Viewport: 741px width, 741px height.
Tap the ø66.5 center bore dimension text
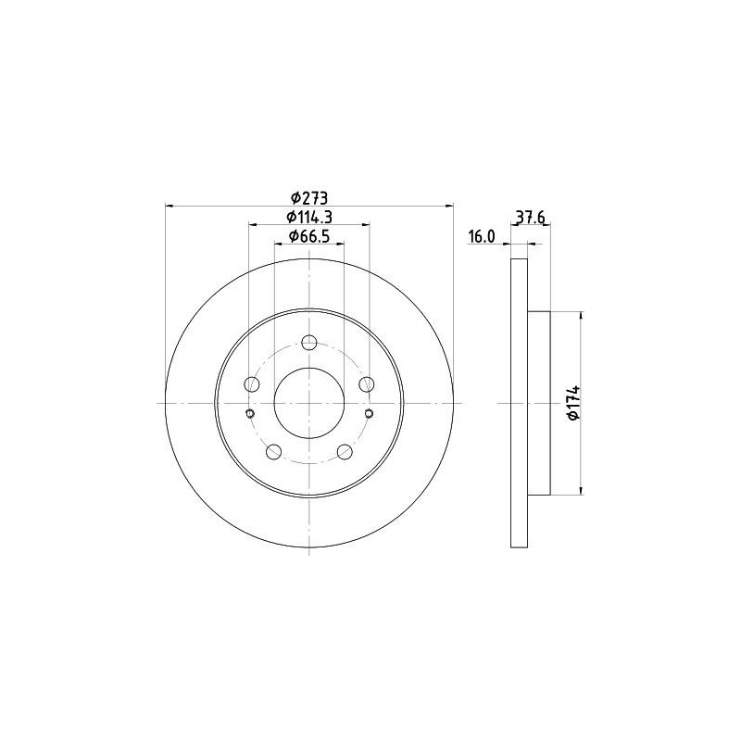click(309, 236)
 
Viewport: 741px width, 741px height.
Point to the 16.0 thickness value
click(482, 237)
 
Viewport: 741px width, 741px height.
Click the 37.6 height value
click(529, 219)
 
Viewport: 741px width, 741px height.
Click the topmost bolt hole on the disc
click(309, 342)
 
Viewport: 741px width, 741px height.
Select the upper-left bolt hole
click(251, 384)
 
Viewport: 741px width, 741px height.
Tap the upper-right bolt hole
click(368, 384)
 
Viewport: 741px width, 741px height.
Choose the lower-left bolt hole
click(273, 451)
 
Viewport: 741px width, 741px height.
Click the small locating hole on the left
click(250, 413)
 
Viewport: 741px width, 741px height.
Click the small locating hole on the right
click(369, 413)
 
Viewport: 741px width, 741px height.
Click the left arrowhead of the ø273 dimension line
click(169, 205)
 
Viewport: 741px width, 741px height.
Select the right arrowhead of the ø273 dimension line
click(450, 205)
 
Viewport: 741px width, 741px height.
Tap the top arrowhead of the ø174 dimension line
click(582, 316)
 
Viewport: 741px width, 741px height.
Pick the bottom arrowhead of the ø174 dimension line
click(582, 490)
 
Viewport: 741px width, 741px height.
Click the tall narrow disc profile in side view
click(519, 403)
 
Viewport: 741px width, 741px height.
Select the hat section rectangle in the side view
click(539, 403)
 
